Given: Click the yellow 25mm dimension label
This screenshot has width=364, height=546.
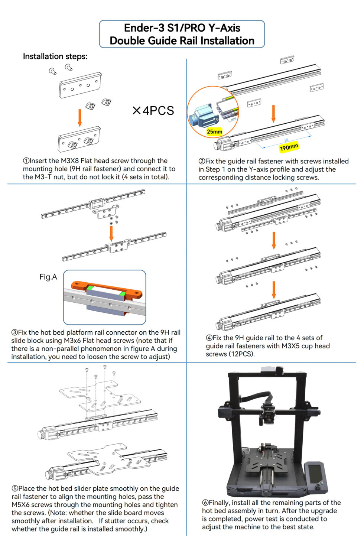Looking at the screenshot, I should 214,131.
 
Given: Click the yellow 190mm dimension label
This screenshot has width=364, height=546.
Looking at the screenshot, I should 289,147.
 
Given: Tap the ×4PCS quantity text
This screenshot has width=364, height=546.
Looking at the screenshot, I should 153,111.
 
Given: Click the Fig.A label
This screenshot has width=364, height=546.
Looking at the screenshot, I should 48,277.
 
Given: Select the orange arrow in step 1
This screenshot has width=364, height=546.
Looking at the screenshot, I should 79,118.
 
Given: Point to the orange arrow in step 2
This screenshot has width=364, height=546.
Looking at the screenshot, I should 273,113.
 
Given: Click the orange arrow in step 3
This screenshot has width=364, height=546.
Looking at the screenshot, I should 111,233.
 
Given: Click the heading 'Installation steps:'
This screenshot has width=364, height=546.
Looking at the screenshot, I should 55,56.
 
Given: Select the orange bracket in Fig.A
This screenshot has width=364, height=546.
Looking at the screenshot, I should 106,290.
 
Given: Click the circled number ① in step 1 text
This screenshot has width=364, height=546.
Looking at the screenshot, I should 26,161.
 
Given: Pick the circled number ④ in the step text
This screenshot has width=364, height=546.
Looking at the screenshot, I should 209,338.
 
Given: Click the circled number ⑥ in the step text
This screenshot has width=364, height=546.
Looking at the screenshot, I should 205,503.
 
